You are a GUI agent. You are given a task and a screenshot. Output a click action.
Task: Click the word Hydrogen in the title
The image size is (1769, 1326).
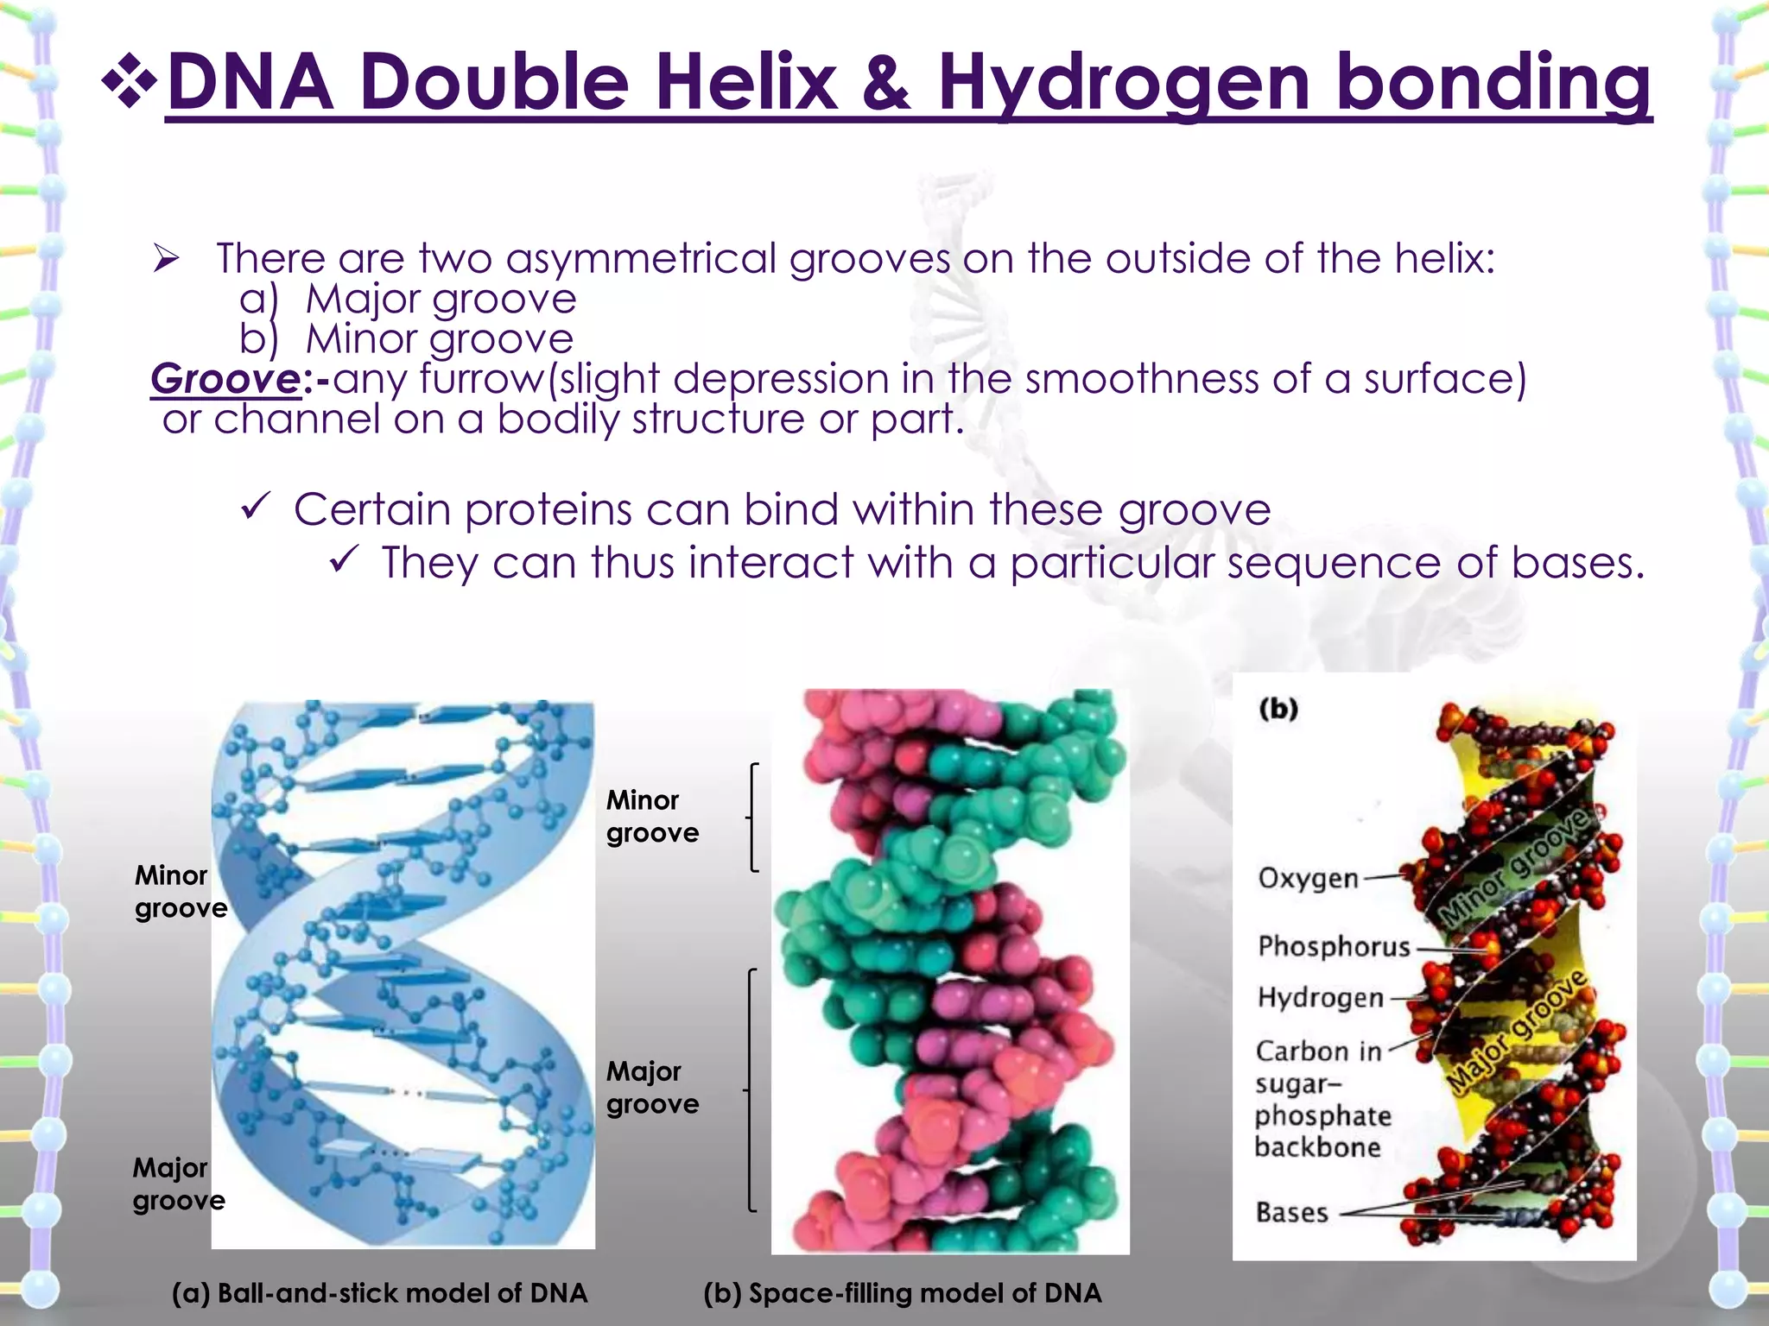pyautogui.click(x=1124, y=83)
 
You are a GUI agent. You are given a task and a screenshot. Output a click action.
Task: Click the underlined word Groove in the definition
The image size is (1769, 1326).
pyautogui.click(x=225, y=379)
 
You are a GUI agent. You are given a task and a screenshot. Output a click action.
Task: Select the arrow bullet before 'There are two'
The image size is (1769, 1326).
pyautogui.click(x=165, y=258)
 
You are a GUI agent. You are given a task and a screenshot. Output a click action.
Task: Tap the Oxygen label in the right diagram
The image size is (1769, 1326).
pyautogui.click(x=1308, y=879)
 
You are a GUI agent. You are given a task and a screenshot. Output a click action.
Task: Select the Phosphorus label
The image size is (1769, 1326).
pyautogui.click(x=1333, y=947)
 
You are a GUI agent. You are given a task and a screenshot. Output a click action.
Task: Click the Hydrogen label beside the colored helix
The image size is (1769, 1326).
pyautogui.click(x=1320, y=998)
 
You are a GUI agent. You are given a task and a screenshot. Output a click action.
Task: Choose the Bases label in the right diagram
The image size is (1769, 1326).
pyautogui.click(x=1291, y=1213)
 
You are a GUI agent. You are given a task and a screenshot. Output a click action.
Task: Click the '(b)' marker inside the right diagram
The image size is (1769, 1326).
pyautogui.click(x=1278, y=709)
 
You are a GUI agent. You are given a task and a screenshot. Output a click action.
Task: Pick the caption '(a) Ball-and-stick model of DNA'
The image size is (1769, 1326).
pyautogui.click(x=379, y=1292)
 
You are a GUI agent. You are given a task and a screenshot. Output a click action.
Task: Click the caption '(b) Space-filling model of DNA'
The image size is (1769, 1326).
pyautogui.click(x=902, y=1292)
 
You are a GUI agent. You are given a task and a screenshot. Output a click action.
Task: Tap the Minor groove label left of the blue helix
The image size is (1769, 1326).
pyautogui.click(x=180, y=892)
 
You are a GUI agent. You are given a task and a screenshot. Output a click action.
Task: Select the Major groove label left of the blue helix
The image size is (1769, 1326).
pyautogui.click(x=178, y=1184)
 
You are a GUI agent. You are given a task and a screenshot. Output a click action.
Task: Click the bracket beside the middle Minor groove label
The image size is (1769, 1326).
pyautogui.click(x=753, y=817)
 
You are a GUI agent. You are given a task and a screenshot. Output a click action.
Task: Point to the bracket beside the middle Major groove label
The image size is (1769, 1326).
pyautogui.click(x=751, y=1090)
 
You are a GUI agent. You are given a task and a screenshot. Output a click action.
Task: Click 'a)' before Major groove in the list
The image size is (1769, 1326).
pyautogui.click(x=258, y=300)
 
